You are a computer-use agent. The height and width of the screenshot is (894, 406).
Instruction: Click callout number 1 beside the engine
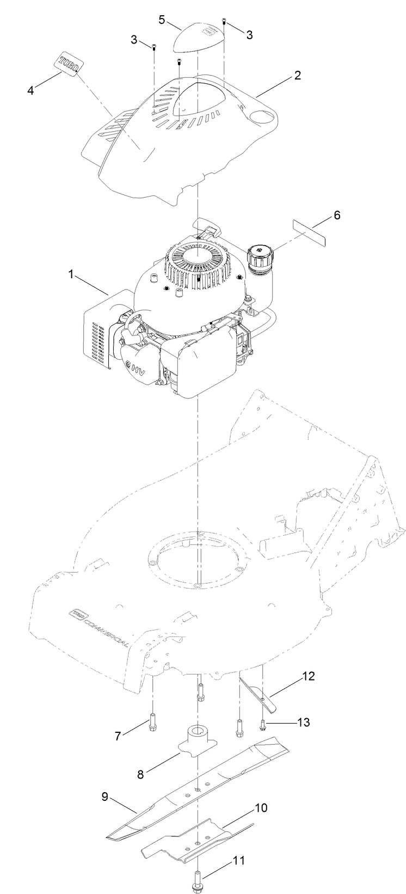pyautogui.click(x=71, y=274)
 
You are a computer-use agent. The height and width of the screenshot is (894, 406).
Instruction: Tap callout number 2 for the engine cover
pyautogui.click(x=297, y=76)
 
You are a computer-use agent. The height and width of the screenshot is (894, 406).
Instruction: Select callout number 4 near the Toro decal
pyautogui.click(x=31, y=90)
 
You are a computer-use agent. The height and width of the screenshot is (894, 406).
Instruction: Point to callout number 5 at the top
pyautogui.click(x=162, y=20)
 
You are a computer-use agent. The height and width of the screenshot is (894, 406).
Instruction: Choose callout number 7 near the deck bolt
pyautogui.click(x=116, y=737)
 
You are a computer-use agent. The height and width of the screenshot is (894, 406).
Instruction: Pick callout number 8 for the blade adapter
pyautogui.click(x=140, y=774)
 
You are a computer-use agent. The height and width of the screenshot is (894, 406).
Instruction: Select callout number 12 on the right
pyautogui.click(x=308, y=677)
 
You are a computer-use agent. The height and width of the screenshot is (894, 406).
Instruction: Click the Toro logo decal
pyautogui.click(x=70, y=63)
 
